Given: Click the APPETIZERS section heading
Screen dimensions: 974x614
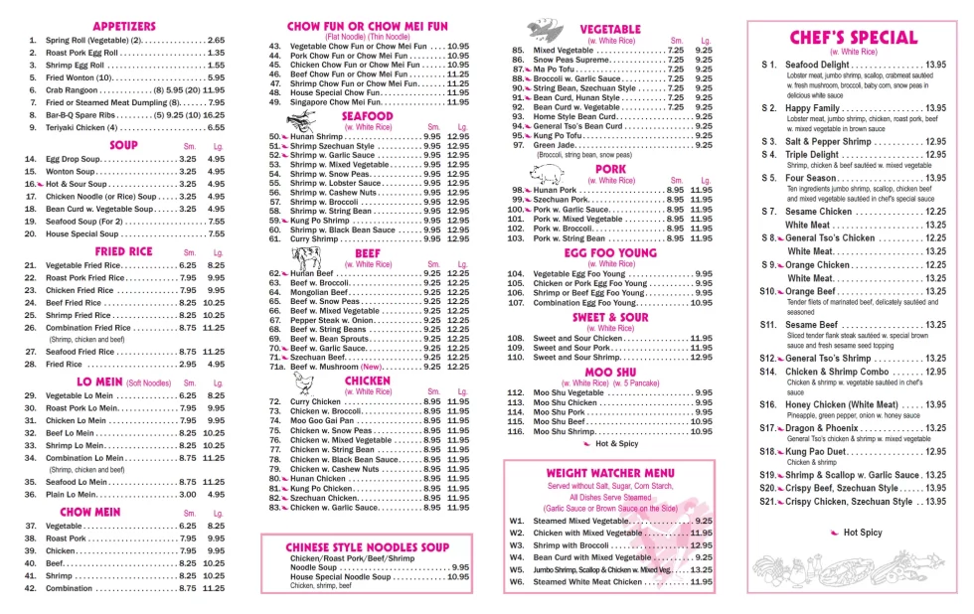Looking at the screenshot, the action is point(123,26).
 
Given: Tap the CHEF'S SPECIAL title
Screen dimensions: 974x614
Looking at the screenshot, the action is point(852,38).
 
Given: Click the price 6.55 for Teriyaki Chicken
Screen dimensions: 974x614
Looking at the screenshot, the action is point(215,127).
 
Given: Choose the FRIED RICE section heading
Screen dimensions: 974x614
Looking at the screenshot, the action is point(123,251).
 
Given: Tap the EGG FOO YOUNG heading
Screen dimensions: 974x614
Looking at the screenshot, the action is point(610,253).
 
